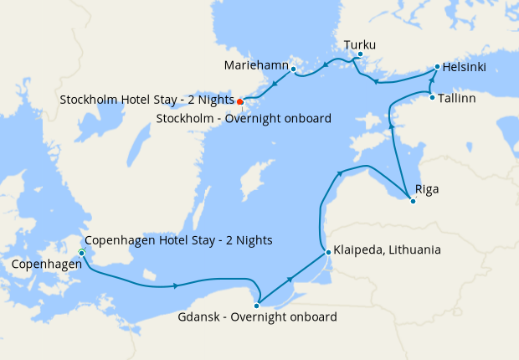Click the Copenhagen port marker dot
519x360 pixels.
coord(81,253)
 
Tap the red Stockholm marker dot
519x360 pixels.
coord(240,101)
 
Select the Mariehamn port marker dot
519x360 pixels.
coord(293,68)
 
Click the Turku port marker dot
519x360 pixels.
coord(360,55)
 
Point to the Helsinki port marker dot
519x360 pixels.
coord(437,66)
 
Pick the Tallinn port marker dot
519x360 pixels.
coord(432,98)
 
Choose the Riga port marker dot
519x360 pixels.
coord(412,201)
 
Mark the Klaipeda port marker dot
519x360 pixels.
coord(326,250)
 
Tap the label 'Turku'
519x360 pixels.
coord(360,44)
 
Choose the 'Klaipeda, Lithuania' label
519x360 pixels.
coord(388,250)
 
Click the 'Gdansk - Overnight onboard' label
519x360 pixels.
coord(258,318)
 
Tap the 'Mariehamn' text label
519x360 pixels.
coord(256,65)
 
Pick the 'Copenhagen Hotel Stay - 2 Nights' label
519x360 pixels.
coord(179,240)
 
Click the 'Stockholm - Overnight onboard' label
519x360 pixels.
coord(244,118)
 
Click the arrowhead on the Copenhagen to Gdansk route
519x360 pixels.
coord(176,286)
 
